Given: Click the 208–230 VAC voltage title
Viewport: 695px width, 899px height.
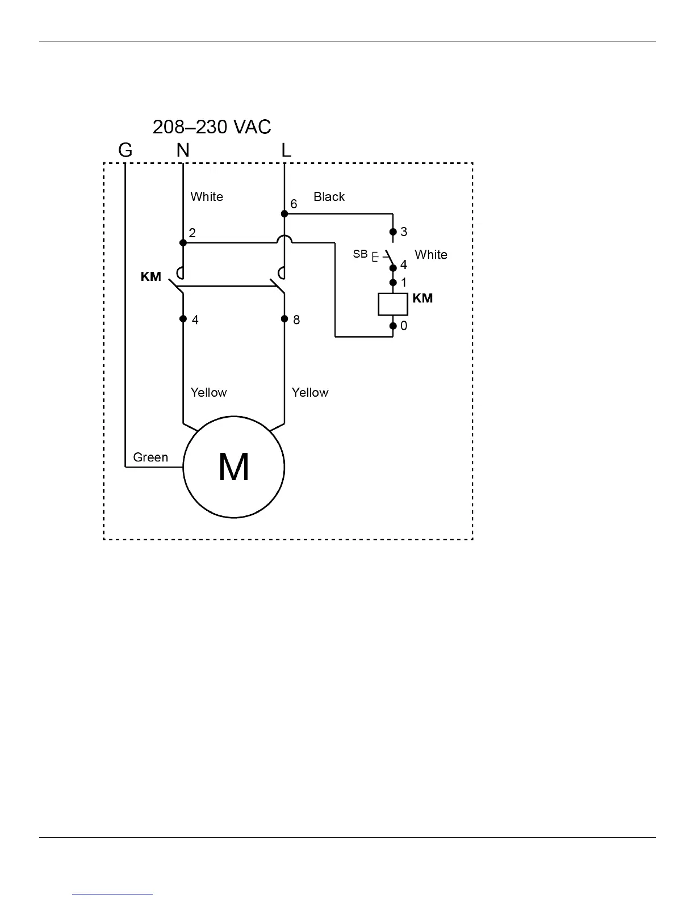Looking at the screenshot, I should click(x=212, y=127).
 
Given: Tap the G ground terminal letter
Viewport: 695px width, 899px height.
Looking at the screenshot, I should click(x=125, y=150).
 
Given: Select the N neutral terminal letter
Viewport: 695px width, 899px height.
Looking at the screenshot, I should click(x=183, y=150).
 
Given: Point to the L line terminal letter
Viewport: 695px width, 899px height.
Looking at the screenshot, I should click(x=286, y=150).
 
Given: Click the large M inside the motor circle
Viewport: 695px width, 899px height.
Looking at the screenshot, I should click(x=233, y=468).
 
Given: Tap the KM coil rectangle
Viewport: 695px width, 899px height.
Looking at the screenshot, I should click(x=393, y=304).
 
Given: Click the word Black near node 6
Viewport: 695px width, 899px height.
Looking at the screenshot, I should click(x=329, y=197).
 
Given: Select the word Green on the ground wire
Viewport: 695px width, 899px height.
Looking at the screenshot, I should click(x=150, y=457).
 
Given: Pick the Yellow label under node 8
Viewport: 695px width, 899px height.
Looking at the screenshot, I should click(x=310, y=393).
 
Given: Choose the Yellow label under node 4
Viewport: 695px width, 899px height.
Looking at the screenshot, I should click(x=208, y=393).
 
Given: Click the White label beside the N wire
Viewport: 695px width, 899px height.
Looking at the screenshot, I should click(x=207, y=197).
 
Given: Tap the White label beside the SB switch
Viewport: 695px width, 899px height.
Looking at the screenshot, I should click(x=431, y=255).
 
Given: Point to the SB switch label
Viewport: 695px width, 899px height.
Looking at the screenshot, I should click(x=361, y=254).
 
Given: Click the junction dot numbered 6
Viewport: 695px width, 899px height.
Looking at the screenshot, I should click(x=284, y=214).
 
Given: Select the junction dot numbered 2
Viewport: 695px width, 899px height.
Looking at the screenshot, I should click(x=183, y=243).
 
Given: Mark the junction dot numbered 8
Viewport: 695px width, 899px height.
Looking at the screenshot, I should click(x=284, y=319).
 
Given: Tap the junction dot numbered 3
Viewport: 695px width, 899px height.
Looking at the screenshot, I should click(x=393, y=232).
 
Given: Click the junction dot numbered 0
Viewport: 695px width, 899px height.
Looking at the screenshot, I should click(x=393, y=326).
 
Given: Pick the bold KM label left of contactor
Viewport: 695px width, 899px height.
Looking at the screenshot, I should click(x=151, y=278).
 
